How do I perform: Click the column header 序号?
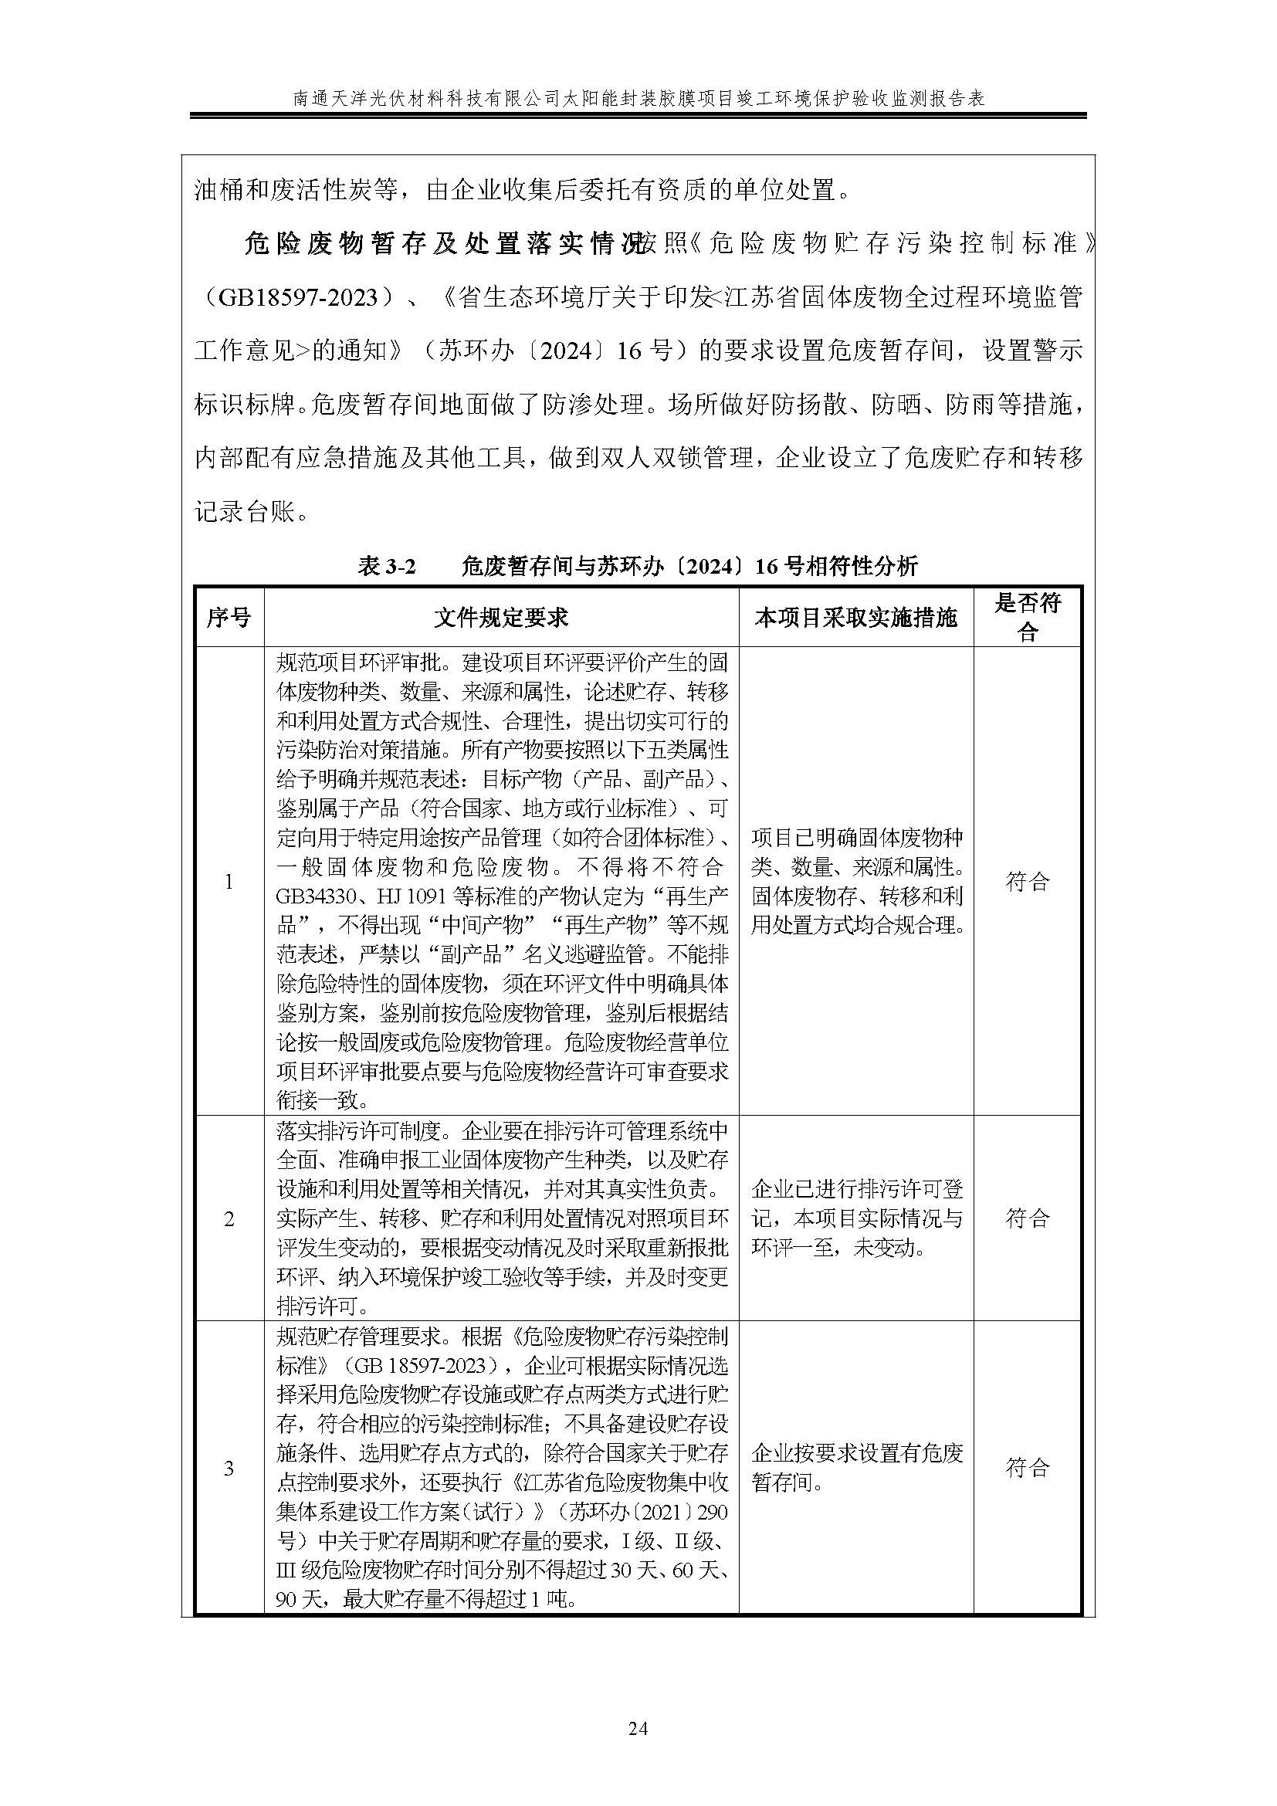point(228,618)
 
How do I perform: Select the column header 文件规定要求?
point(501,618)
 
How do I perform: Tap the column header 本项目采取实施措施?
point(855,618)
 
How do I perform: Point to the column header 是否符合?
point(1027,618)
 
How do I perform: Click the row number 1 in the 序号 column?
point(229,882)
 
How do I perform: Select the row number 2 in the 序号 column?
point(229,1219)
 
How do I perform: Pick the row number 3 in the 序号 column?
point(229,1468)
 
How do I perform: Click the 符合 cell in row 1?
point(1027,882)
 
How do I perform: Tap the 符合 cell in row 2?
point(1027,1219)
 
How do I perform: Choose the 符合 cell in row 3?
point(1027,1468)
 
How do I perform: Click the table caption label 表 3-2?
point(386,566)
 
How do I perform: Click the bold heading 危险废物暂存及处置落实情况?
point(442,244)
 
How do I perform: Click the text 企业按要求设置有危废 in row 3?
point(856,1454)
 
